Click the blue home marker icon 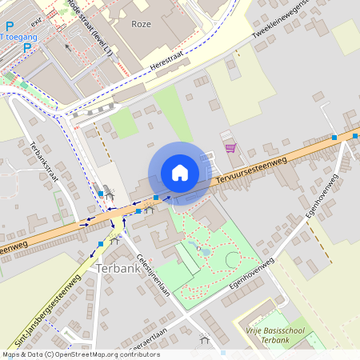(180, 173)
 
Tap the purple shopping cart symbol (230, 148)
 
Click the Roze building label (142, 24)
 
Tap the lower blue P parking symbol (27, 47)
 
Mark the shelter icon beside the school (205, 339)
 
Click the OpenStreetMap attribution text (80, 354)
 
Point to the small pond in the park (205, 251)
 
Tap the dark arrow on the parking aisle (66, 47)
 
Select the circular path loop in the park (232, 259)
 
